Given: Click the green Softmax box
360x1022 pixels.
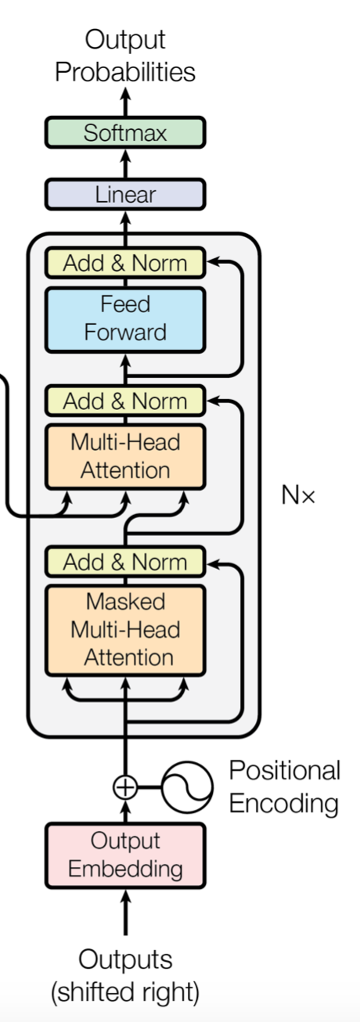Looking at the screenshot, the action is pos(125,133).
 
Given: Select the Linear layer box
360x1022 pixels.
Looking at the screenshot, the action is pos(125,195).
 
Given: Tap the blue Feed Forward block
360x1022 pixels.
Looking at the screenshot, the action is pos(125,320).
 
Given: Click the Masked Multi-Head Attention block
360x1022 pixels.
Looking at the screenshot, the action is pos(125,630).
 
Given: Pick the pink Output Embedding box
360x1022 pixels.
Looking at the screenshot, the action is pos(125,855).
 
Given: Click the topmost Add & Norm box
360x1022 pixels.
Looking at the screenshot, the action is pos(125,263).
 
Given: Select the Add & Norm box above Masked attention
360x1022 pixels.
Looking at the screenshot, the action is pos(125,562).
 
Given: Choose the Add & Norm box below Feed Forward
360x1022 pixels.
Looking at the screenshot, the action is pos(125,401).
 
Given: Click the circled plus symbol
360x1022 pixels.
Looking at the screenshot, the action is pos(125,787).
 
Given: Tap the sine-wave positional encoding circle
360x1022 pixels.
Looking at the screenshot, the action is pos(187,787).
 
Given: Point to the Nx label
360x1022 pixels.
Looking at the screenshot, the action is pos(298,495).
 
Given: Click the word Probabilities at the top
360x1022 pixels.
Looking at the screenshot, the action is pos(125,73).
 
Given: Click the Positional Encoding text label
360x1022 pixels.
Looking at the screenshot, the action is pos(285,786).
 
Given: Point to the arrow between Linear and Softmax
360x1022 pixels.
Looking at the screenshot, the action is pos(125,164).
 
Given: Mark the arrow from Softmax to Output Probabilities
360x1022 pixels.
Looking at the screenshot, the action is pos(125,102).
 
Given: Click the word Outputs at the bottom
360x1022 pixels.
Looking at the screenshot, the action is pos(125,959).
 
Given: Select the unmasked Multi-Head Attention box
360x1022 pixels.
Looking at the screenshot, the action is pos(125,457).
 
